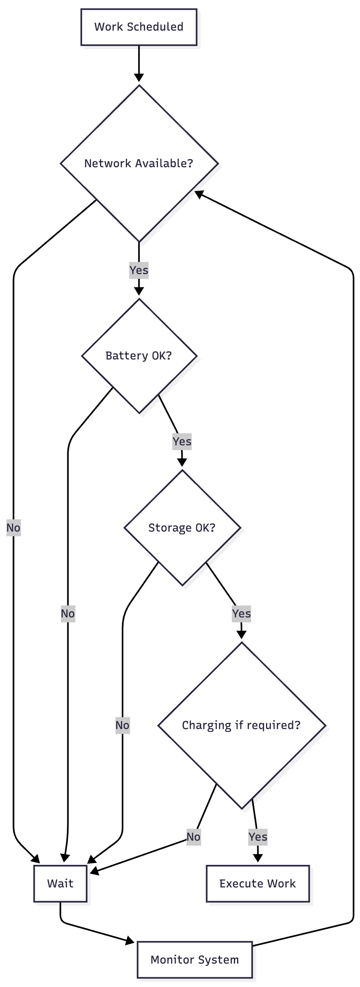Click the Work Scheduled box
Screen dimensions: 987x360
tap(139, 27)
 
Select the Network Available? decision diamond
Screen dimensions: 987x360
tap(139, 163)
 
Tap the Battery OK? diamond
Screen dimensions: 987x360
tap(139, 355)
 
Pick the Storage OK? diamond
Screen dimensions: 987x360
tap(182, 528)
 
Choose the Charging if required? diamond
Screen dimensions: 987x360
tap(241, 725)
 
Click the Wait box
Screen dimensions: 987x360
tap(60, 883)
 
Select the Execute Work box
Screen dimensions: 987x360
tap(258, 883)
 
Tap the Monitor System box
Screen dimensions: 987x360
tap(195, 960)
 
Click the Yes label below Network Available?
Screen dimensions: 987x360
tap(139, 270)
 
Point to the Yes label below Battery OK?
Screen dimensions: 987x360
tap(182, 441)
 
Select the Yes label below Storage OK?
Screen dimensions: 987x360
tap(241, 613)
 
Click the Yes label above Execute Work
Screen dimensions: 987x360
tap(258, 837)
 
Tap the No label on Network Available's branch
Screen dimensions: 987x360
tap(13, 528)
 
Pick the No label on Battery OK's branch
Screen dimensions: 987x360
tap(68, 613)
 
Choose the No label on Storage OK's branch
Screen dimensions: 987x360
tap(122, 725)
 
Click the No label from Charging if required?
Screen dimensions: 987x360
tap(194, 837)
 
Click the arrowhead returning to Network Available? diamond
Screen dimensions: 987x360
tap(199, 194)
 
